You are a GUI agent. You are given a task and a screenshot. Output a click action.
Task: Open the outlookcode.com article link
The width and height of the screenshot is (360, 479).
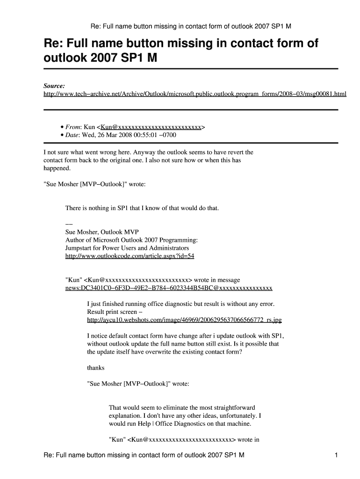tap(130, 256)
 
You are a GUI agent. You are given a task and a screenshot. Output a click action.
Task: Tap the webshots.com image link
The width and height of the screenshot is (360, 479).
tap(184, 320)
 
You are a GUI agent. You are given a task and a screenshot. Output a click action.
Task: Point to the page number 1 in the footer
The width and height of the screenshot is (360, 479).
tap(336, 455)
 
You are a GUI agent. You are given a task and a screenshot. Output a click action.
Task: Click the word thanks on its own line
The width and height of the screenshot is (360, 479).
tap(96, 368)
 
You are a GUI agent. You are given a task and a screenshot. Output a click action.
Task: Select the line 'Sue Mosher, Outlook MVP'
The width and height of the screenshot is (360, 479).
tap(102, 232)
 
